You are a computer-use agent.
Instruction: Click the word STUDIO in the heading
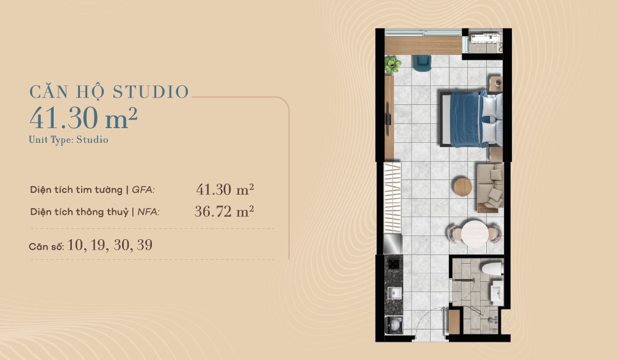pyautogui.click(x=151, y=92)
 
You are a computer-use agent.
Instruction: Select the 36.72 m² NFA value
pyautogui.click(x=225, y=212)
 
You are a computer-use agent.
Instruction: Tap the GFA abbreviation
pyautogui.click(x=143, y=190)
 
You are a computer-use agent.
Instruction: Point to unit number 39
pyautogui.click(x=145, y=245)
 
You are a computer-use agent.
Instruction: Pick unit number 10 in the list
pyautogui.click(x=75, y=245)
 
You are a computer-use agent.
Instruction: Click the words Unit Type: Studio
pyautogui.click(x=68, y=140)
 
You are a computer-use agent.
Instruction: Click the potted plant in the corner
pyautogui.click(x=392, y=65)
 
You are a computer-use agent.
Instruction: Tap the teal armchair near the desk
pyautogui.click(x=422, y=63)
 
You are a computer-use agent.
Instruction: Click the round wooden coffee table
pyautogui.click(x=462, y=187)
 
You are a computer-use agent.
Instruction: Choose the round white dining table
pyautogui.click(x=475, y=234)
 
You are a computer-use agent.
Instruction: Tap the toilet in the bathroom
pyautogui.click(x=492, y=269)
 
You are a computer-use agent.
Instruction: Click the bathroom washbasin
pyautogui.click(x=497, y=292)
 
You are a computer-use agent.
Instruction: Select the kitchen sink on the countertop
pyautogui.click(x=395, y=292)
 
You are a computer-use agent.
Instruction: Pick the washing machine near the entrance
pyautogui.click(x=393, y=325)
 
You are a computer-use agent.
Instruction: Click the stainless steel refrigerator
pyautogui.click(x=393, y=243)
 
